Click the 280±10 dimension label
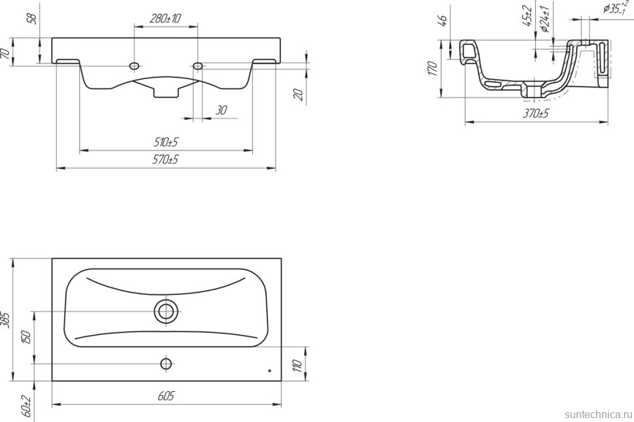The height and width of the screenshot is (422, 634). (x=165, y=18)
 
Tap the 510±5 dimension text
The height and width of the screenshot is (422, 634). (x=166, y=142)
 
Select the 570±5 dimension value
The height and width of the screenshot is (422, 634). (x=165, y=160)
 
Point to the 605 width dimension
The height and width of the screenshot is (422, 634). (x=166, y=396)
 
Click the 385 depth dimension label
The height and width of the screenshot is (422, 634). (x=6, y=319)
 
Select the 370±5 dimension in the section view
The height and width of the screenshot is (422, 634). (x=536, y=113)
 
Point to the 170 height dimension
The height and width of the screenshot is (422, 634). (x=433, y=69)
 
